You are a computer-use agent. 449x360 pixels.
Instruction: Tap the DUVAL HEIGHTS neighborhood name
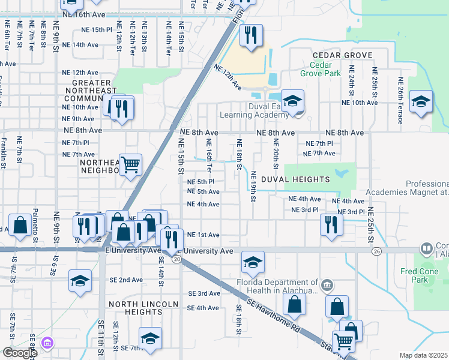coord(294,179)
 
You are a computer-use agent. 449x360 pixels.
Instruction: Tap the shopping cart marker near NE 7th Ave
coord(130,164)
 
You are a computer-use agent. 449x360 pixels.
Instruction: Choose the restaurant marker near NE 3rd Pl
coord(331,224)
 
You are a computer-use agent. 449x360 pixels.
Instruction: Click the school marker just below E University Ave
coord(253,262)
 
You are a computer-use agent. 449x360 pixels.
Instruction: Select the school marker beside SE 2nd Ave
coord(80,280)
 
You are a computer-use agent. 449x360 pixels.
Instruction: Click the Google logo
coord(19,353)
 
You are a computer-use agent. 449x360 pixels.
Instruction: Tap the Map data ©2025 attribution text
coord(424,355)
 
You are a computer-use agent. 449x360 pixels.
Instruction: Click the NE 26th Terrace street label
coord(400,100)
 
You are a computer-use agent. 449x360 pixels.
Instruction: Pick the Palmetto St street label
coord(35,229)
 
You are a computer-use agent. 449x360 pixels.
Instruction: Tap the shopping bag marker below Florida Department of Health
coord(294,305)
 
